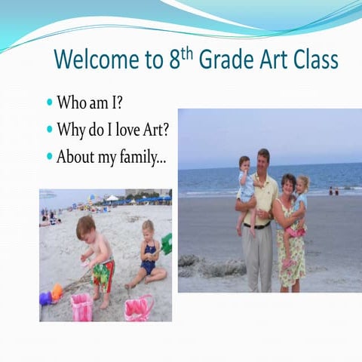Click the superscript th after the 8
coord(189,52)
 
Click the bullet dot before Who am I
coord(50,102)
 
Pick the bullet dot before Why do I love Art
coord(50,130)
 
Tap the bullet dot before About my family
coord(50,158)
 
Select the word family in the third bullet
coord(144,158)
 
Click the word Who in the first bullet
coord(70,102)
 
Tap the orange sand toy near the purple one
coord(57,291)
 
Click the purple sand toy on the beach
coord(45,299)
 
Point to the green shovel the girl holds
coord(167,244)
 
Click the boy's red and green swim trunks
coord(103,273)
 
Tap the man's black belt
coord(257,225)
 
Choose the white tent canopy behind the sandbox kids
coord(112,198)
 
